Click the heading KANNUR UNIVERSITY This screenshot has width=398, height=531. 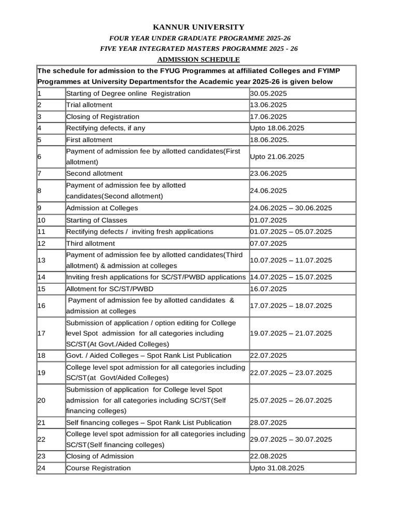click(x=198, y=27)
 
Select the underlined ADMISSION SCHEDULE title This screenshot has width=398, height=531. click(x=198, y=60)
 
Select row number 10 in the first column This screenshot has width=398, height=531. click(x=41, y=220)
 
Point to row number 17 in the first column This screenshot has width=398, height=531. click(x=41, y=333)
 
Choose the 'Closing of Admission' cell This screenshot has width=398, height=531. click(x=100, y=456)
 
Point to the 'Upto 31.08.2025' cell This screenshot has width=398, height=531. click(x=277, y=468)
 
